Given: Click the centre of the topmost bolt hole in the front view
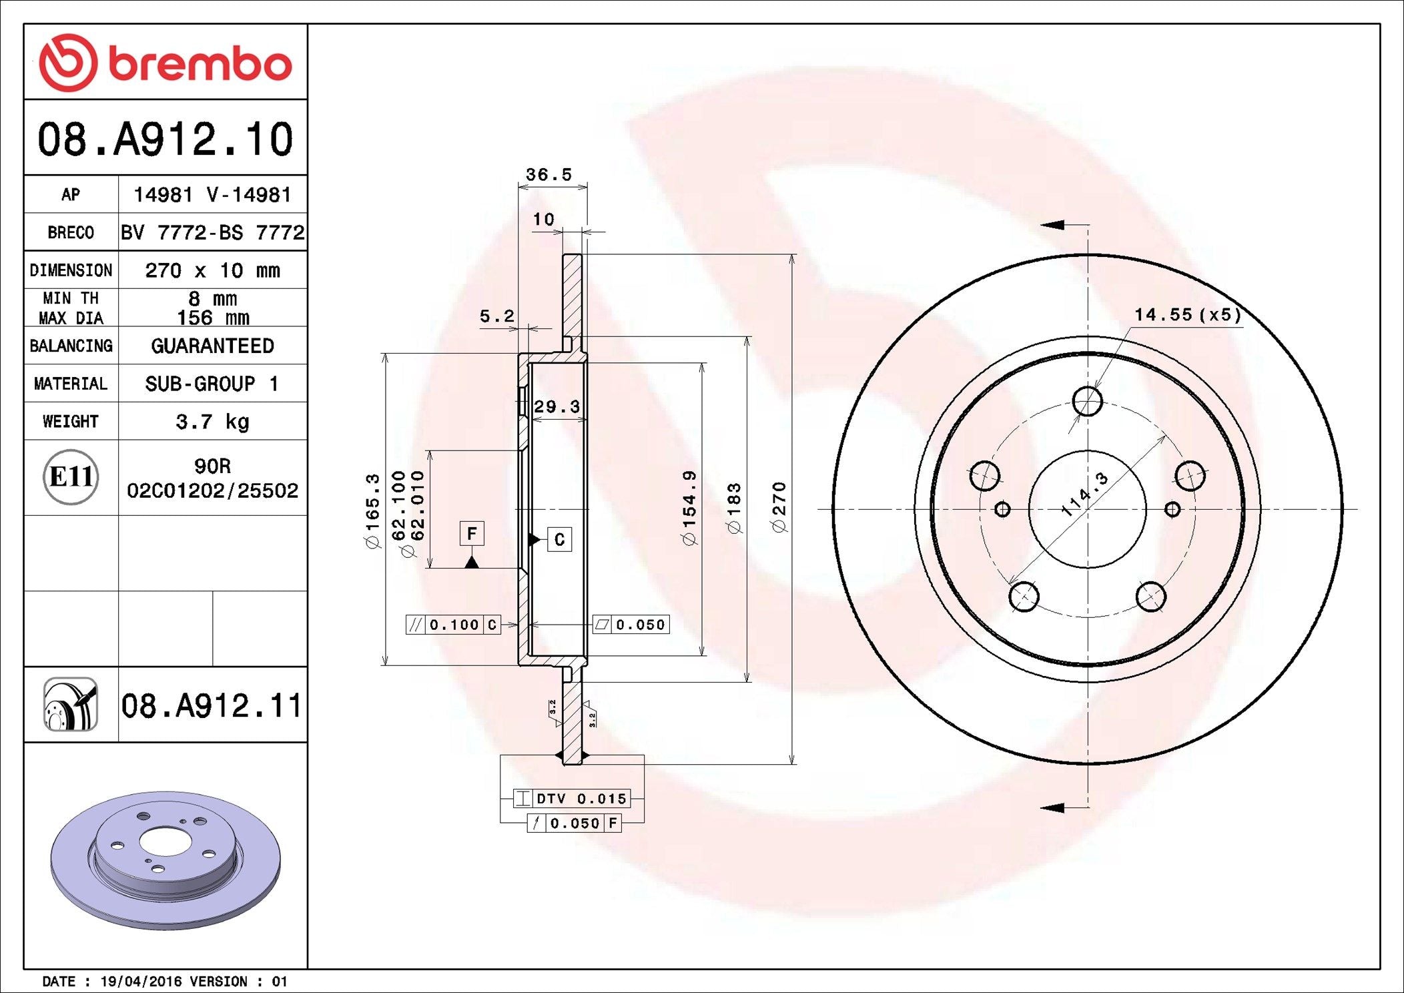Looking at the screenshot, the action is (1088, 401).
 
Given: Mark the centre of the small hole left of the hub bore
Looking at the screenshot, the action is (1002, 510).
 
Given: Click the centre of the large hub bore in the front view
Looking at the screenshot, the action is (1088, 509).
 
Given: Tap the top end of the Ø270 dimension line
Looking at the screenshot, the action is (792, 254).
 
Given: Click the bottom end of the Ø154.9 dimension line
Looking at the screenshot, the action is (702, 655).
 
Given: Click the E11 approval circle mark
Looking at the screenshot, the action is (71, 477).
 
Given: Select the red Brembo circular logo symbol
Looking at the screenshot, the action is (68, 63).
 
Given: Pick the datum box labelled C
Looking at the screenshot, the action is (559, 539).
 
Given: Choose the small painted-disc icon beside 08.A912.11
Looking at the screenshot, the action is (71, 705).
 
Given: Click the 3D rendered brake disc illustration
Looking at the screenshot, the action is (165, 861).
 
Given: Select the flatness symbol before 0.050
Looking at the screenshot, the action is (602, 625).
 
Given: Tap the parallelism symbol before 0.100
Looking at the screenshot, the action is (415, 625).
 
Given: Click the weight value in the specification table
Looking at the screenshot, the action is (212, 422).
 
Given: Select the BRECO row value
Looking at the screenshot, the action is (212, 232).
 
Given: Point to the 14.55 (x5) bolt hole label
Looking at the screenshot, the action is (1188, 314).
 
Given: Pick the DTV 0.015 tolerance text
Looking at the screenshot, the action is (582, 799).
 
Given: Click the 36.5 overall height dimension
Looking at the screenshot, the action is (549, 175).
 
